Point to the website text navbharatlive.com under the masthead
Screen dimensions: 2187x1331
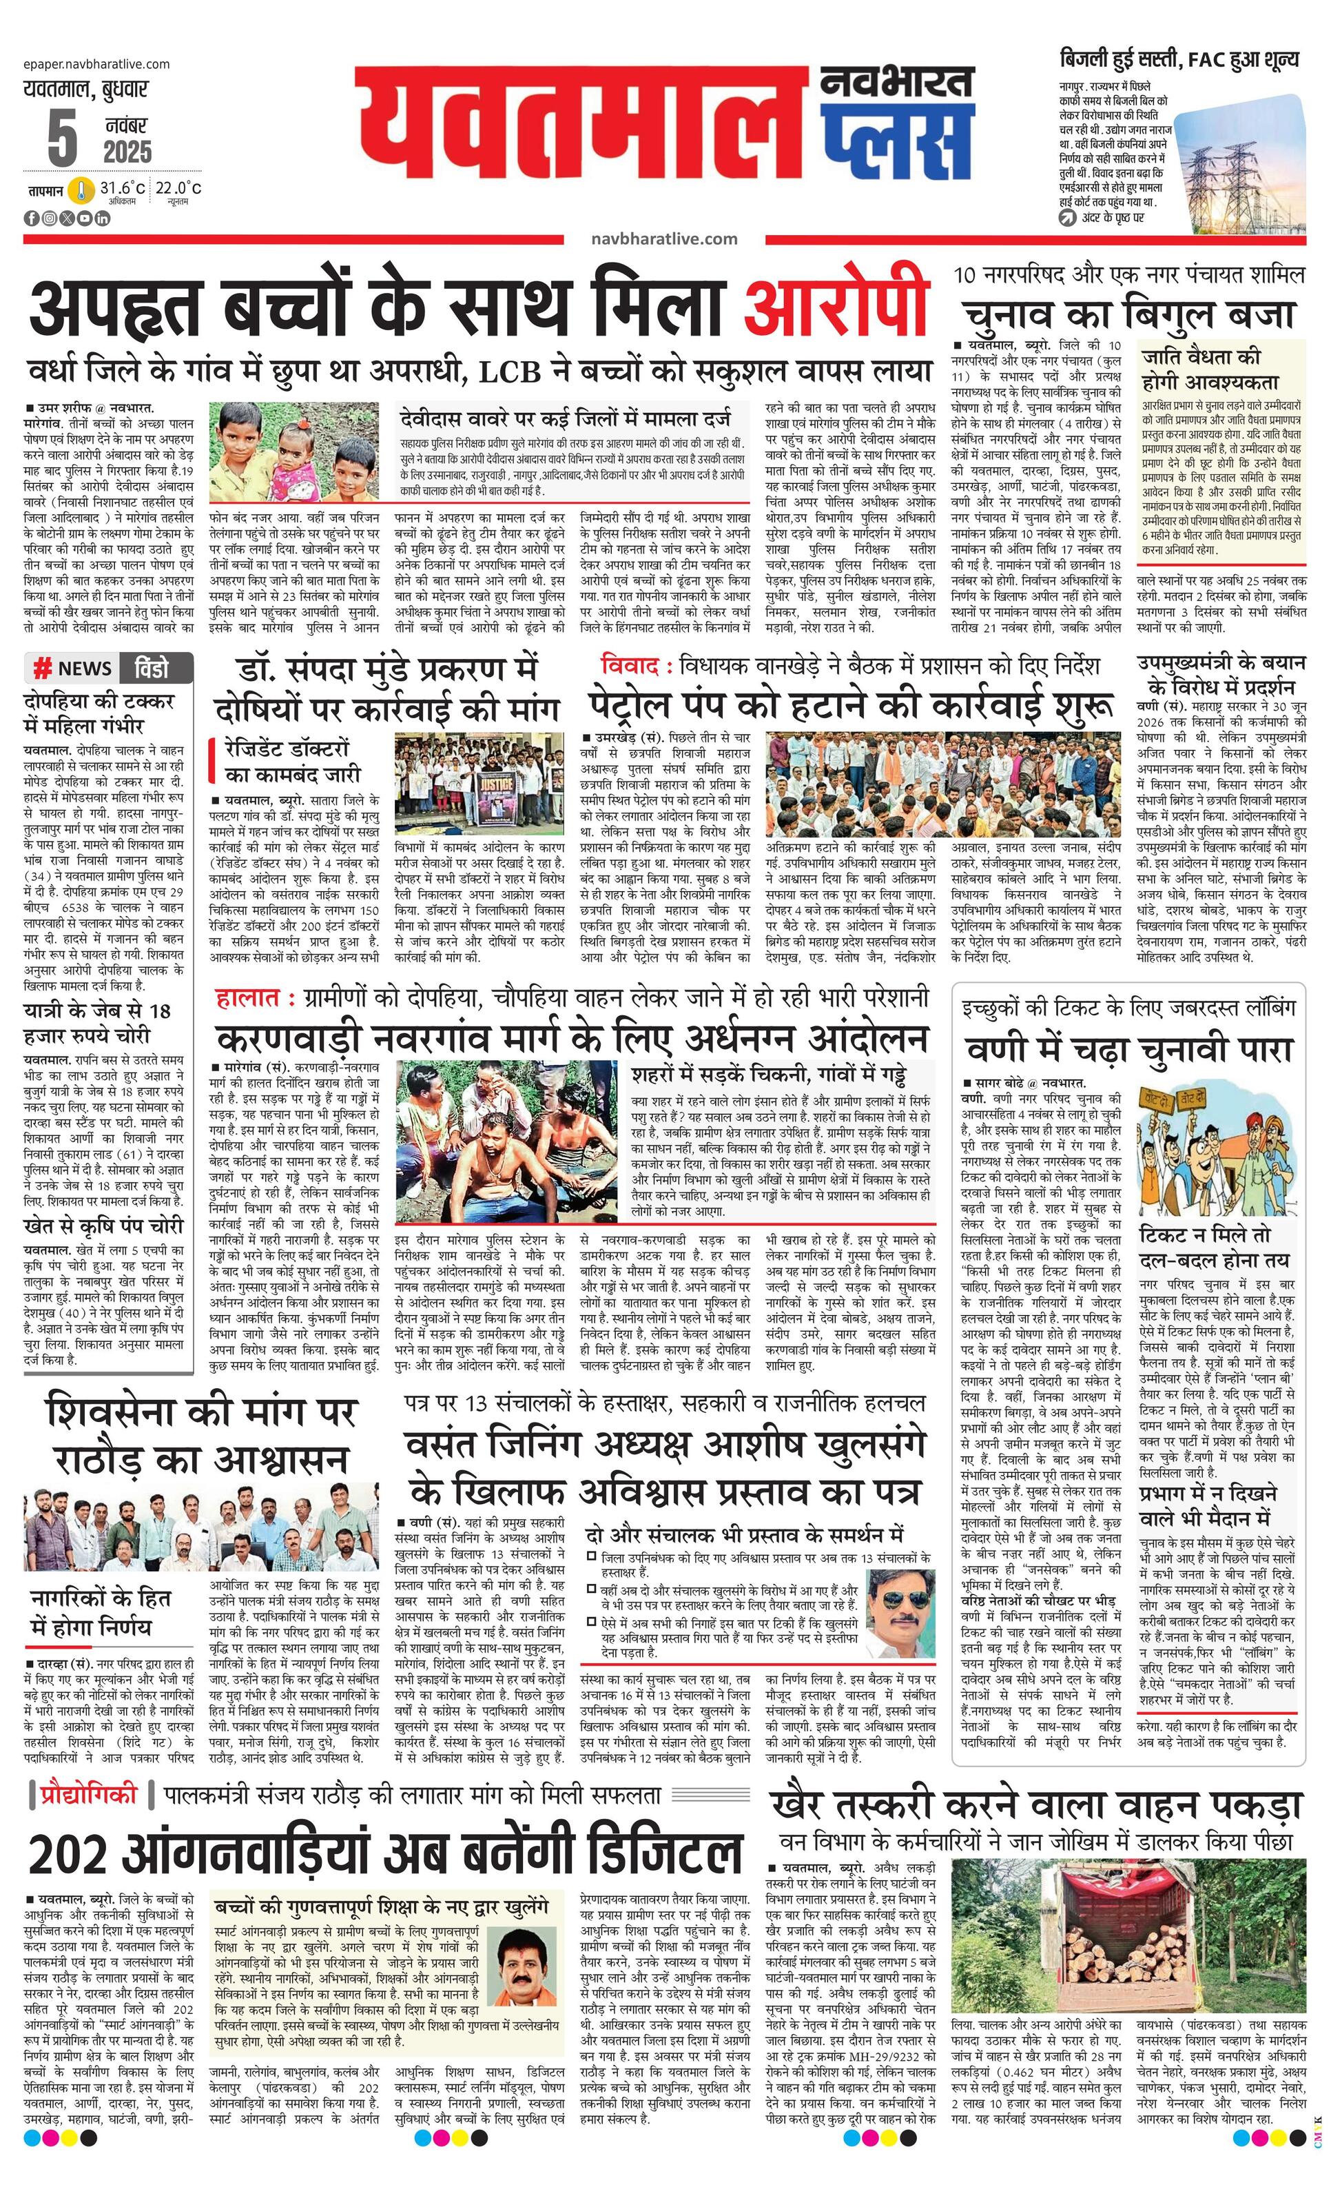pos(663,238)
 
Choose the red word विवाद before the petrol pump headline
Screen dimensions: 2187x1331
pos(629,666)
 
